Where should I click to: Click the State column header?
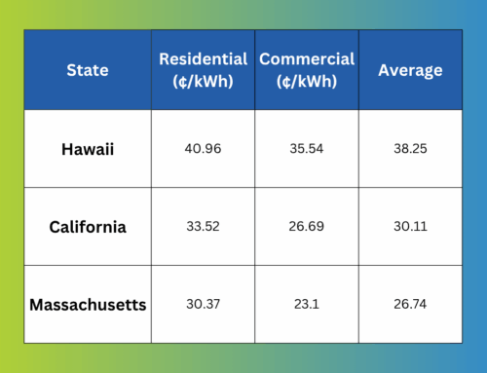[88, 70]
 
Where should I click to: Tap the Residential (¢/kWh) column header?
[203, 69]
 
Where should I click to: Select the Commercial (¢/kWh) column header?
[306, 69]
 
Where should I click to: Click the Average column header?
[410, 70]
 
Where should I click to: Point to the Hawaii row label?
[88, 150]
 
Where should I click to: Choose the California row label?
[88, 227]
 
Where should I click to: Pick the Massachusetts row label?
[88, 305]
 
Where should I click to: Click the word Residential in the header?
[203, 58]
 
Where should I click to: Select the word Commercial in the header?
[306, 58]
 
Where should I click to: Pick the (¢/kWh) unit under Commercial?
[306, 81]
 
